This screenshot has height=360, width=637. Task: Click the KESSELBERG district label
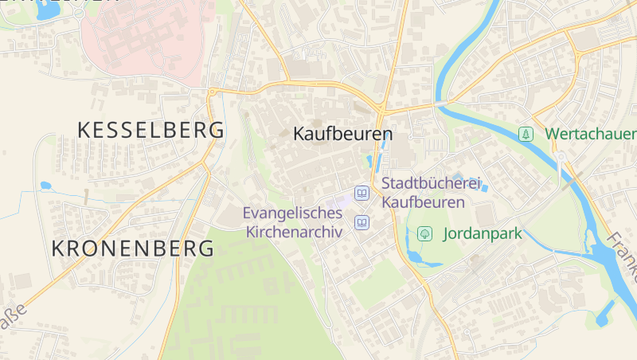click(x=150, y=131)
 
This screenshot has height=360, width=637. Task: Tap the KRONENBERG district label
click(x=133, y=248)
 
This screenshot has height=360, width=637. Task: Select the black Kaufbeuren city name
click(x=343, y=134)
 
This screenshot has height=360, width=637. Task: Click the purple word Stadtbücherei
click(x=432, y=184)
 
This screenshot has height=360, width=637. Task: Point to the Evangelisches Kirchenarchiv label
click(x=293, y=222)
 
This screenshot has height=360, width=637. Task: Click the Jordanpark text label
click(x=482, y=234)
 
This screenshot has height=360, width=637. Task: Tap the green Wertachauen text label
click(x=590, y=134)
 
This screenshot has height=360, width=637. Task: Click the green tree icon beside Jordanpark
click(x=425, y=233)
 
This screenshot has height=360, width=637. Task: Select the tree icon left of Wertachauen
click(x=526, y=134)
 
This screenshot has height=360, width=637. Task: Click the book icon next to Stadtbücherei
click(x=362, y=193)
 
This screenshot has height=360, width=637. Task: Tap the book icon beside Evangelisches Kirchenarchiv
click(x=362, y=222)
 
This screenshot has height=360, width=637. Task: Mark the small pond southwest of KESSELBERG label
click(x=45, y=186)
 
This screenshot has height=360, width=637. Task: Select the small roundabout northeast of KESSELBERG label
click(x=212, y=92)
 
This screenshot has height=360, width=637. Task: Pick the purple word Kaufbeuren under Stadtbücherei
click(x=423, y=202)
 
